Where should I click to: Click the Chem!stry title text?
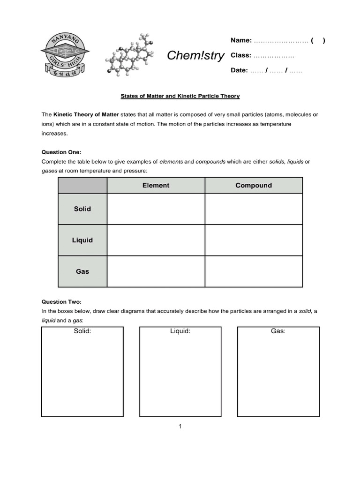[x=196, y=56]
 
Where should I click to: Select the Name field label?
[x=241, y=40]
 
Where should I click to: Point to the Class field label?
[x=241, y=55]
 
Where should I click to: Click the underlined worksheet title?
[x=180, y=96]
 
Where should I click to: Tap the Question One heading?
[x=61, y=152]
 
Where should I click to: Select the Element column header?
[x=156, y=185]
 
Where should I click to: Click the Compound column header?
[x=254, y=185]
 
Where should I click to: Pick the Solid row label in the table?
[x=82, y=209]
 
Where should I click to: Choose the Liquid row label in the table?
[x=82, y=240]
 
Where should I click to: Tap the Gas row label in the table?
[x=82, y=271]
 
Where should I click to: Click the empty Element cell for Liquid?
[x=156, y=240]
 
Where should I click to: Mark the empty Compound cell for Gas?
[x=254, y=271]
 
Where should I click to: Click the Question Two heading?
[x=61, y=302]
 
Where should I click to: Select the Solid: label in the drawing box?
[x=82, y=331]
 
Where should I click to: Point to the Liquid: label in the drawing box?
[x=180, y=331]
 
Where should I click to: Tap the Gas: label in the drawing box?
[x=278, y=331]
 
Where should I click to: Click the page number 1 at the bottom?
[x=180, y=426]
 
